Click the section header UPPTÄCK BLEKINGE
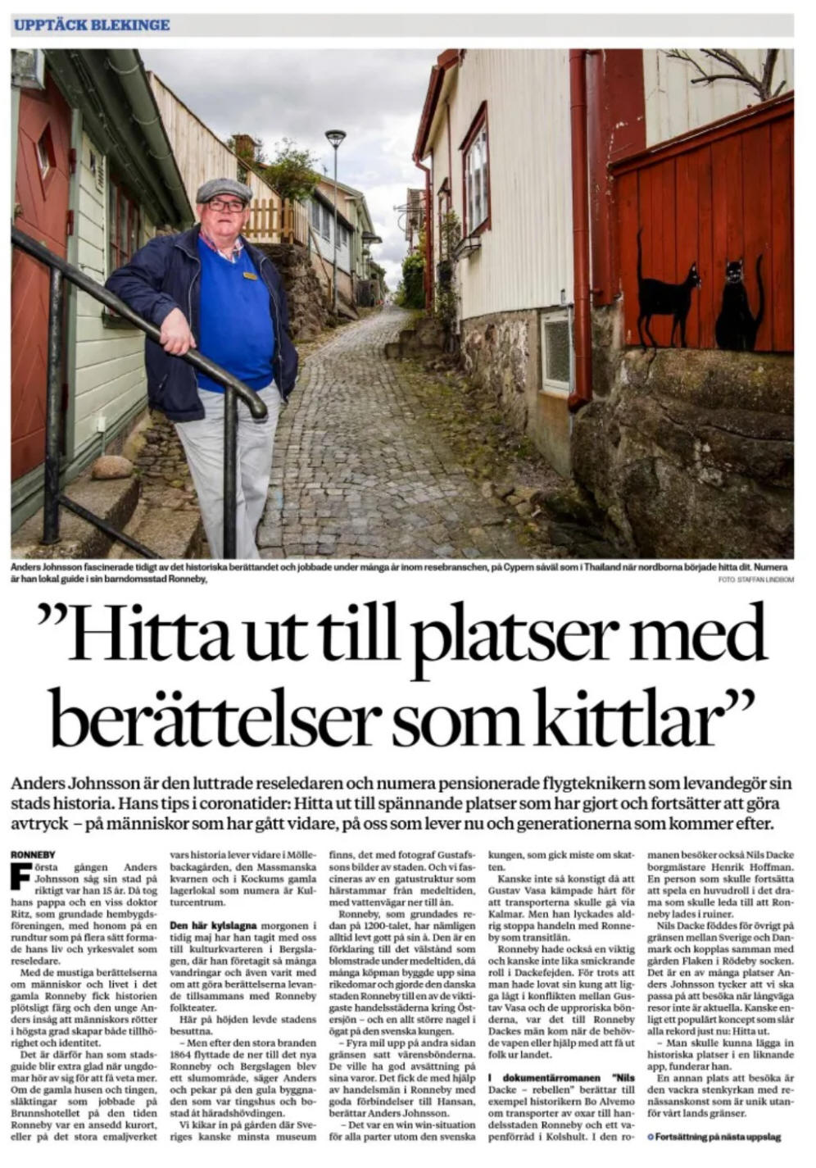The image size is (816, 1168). point(92,25)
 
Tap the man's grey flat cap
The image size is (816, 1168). point(223,190)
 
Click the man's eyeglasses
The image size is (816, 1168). point(225,206)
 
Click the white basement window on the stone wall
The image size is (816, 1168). point(558,350)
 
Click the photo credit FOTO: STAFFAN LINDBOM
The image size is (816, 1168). point(755,579)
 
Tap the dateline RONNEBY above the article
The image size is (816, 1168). point(32,858)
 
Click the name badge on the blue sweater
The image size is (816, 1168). point(250,276)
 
